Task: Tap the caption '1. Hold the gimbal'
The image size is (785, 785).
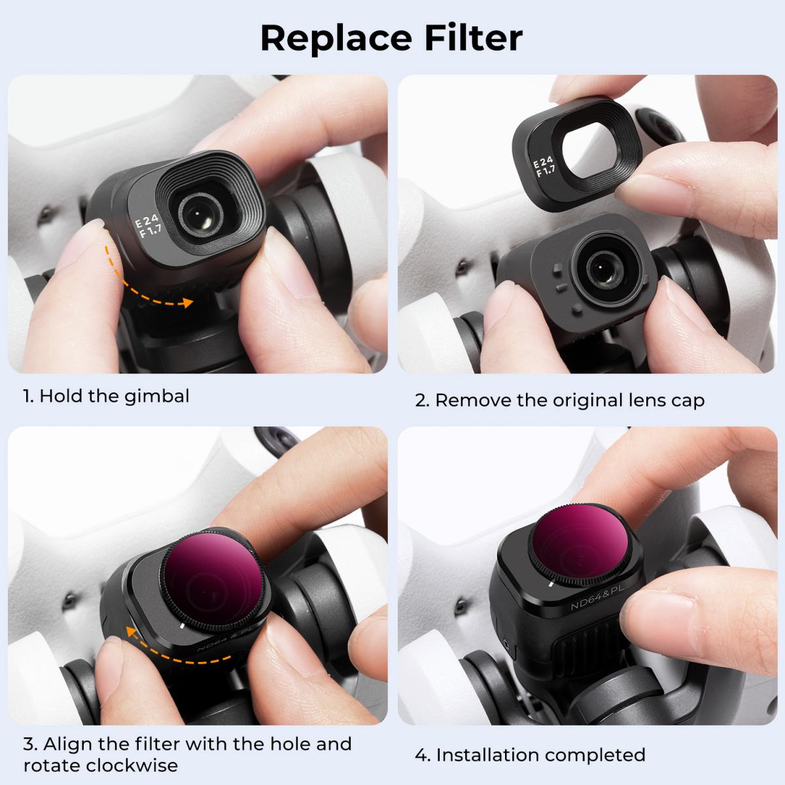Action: [x=106, y=396]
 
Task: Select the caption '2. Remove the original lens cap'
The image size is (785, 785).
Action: [x=559, y=400]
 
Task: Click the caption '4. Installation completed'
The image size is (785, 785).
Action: [x=530, y=754]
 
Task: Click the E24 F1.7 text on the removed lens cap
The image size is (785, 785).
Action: [x=544, y=167]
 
